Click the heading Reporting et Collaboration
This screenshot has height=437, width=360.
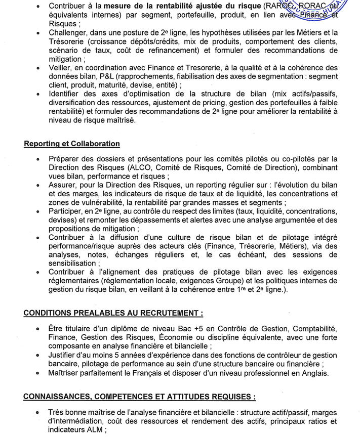pyautogui.click(x=72, y=144)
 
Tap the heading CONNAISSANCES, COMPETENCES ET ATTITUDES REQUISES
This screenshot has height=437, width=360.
pyautogui.click(x=140, y=397)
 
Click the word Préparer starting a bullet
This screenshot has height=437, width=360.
pyautogui.click(x=67, y=159)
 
